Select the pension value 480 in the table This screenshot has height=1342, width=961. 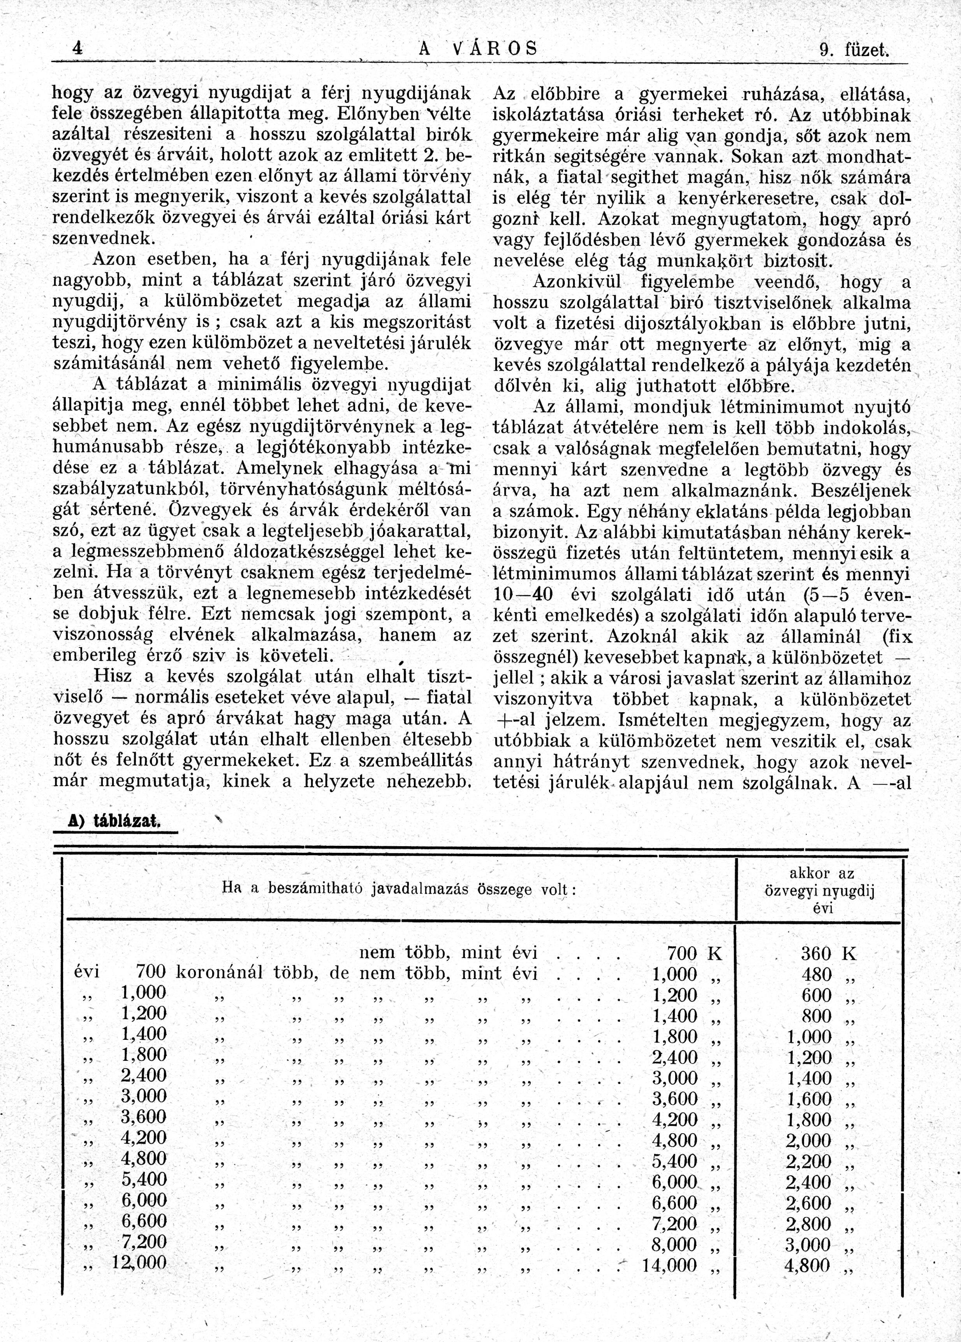pos(817,974)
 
